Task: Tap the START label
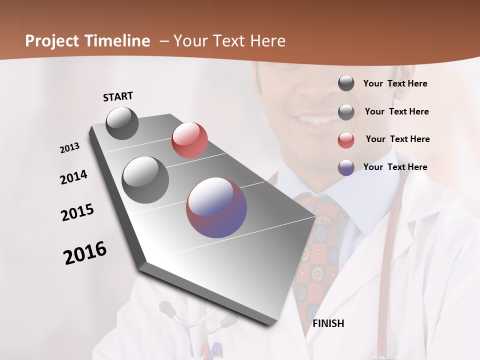click(118, 96)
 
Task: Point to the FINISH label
click(328, 323)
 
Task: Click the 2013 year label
click(69, 148)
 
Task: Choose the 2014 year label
click(73, 177)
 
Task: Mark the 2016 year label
click(85, 253)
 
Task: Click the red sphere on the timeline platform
click(189, 140)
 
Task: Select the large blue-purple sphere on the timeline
click(216, 207)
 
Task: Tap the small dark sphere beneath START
click(122, 123)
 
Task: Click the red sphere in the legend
click(346, 140)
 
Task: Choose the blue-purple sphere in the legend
click(346, 167)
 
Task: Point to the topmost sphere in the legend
click(346, 83)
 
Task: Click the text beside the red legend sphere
click(397, 139)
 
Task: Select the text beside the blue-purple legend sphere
click(395, 167)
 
